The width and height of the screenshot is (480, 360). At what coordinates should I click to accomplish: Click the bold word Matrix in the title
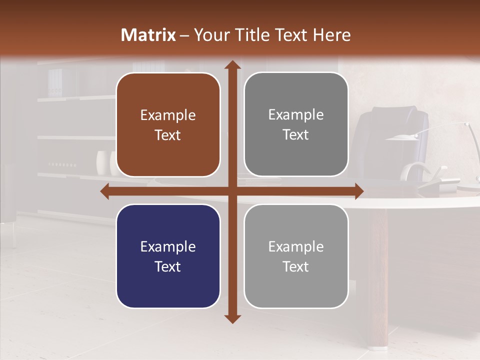(148, 35)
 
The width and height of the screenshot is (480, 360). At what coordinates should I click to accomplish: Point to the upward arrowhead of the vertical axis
(232, 65)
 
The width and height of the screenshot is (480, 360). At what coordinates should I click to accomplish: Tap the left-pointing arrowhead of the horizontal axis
(105, 191)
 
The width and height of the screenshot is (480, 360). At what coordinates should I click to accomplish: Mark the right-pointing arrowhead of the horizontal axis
(358, 191)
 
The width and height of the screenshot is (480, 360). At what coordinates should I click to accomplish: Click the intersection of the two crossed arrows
(232, 191)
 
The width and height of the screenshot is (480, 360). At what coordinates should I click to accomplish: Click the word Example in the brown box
(168, 115)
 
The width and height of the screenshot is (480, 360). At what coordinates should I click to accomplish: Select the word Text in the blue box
(168, 266)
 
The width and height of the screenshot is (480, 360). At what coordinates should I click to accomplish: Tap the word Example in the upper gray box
(296, 115)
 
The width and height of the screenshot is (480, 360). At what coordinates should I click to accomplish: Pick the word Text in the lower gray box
(296, 266)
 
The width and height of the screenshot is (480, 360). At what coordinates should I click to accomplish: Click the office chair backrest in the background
(395, 135)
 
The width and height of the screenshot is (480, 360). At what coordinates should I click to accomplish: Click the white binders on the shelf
(55, 82)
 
